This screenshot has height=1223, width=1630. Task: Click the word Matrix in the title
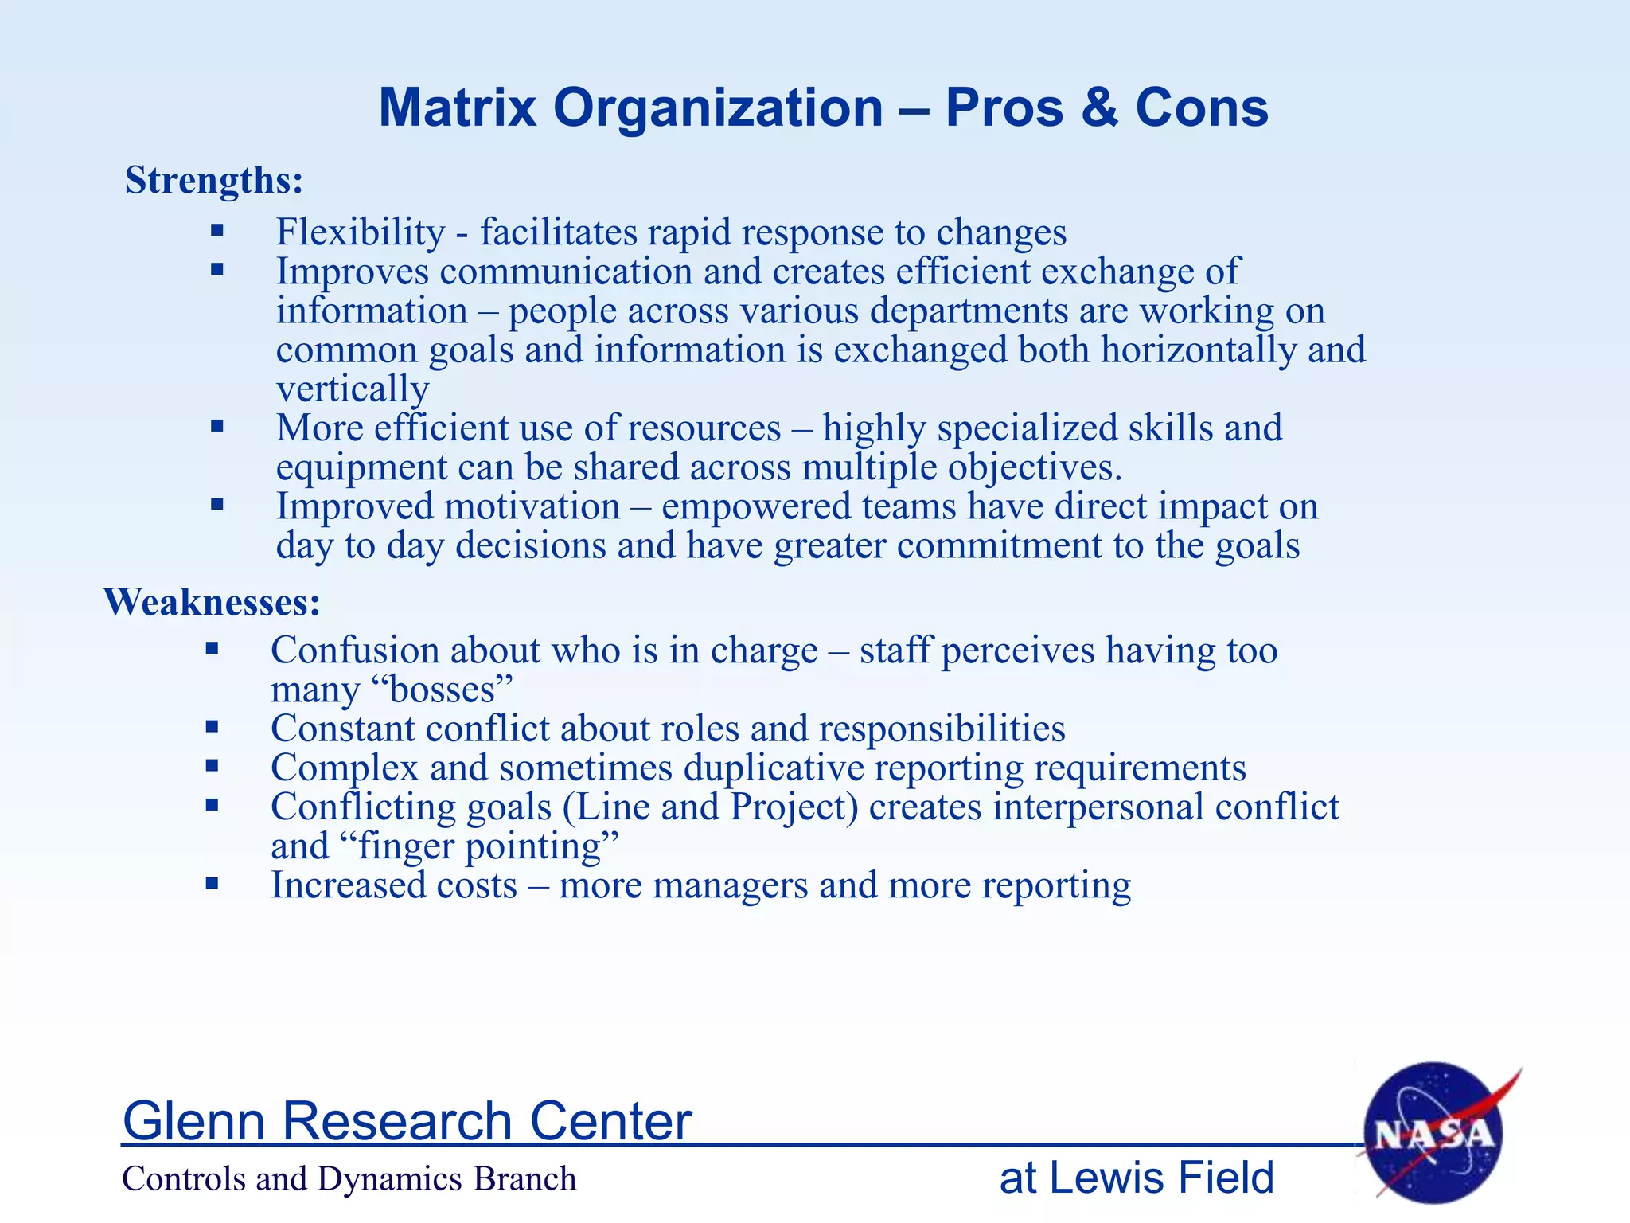tap(458, 107)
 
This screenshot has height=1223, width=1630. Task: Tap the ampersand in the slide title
tap(1099, 107)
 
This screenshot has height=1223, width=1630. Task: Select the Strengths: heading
tap(214, 180)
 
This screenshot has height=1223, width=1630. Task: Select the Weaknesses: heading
tap(212, 601)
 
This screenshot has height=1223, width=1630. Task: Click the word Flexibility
tap(361, 232)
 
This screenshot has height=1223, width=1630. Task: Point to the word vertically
tap(353, 389)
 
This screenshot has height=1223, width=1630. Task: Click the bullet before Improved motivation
tap(217, 504)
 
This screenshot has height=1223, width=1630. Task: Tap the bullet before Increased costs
tap(212, 882)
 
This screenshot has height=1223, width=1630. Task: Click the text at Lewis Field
tap(1137, 1178)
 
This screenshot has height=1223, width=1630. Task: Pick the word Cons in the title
tap(1202, 107)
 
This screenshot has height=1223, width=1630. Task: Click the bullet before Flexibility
tap(217, 231)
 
